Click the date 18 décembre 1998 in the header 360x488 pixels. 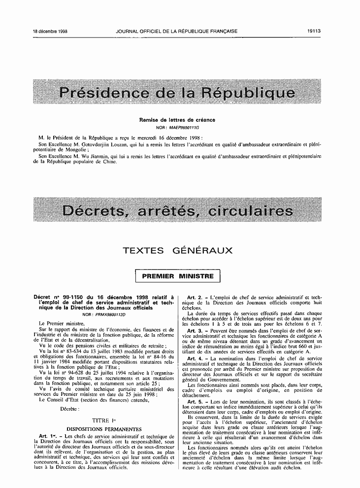tap(50, 31)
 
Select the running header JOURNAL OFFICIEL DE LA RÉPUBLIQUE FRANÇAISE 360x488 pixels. tap(177, 31)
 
